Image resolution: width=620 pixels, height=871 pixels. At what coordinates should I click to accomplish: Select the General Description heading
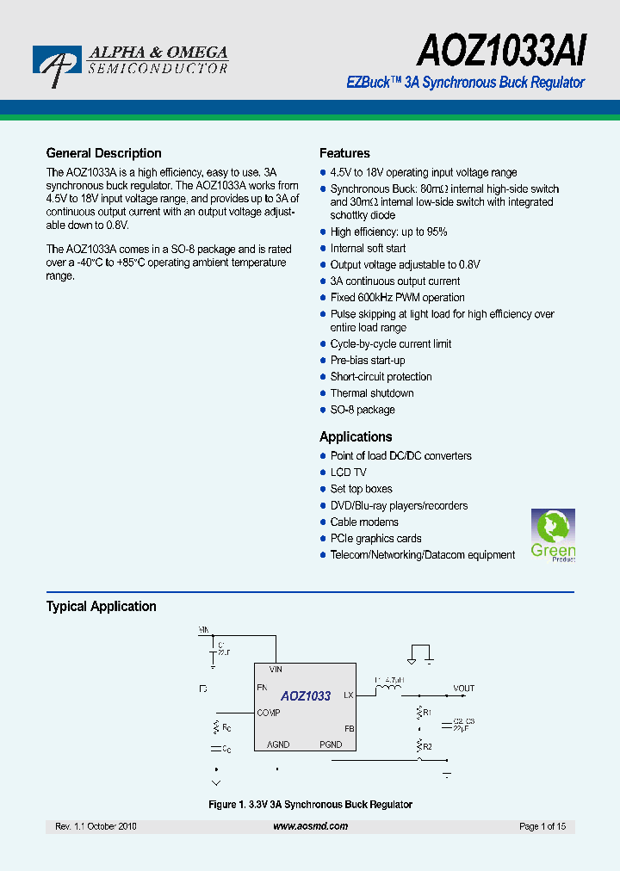103,153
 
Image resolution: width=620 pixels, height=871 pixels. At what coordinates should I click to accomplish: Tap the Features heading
344,153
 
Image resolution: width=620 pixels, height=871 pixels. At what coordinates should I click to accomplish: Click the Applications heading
356,436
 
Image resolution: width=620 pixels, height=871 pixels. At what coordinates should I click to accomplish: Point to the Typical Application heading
101,606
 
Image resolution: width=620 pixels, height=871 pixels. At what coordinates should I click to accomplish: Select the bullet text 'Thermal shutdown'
372,393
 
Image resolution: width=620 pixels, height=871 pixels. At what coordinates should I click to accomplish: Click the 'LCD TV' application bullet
348,473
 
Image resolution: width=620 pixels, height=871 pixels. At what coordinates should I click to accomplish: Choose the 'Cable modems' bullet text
364,522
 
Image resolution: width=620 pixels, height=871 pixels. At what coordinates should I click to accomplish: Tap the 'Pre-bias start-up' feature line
368,361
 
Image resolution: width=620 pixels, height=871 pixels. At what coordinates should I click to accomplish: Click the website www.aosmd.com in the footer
310,826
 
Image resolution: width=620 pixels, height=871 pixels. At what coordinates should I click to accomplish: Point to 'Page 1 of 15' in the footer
542,826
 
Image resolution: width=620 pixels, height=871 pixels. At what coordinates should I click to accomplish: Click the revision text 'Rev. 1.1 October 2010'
96,826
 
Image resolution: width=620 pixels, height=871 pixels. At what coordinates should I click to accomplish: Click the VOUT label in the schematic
463,689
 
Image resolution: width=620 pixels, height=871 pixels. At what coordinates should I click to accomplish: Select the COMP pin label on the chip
268,713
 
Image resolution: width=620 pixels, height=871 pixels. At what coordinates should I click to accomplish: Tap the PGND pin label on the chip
331,744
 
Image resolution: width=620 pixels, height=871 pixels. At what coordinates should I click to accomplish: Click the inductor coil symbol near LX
391,688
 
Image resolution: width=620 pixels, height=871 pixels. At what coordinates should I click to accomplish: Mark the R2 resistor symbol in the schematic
420,745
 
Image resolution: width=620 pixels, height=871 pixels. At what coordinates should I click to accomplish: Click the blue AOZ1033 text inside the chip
306,695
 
